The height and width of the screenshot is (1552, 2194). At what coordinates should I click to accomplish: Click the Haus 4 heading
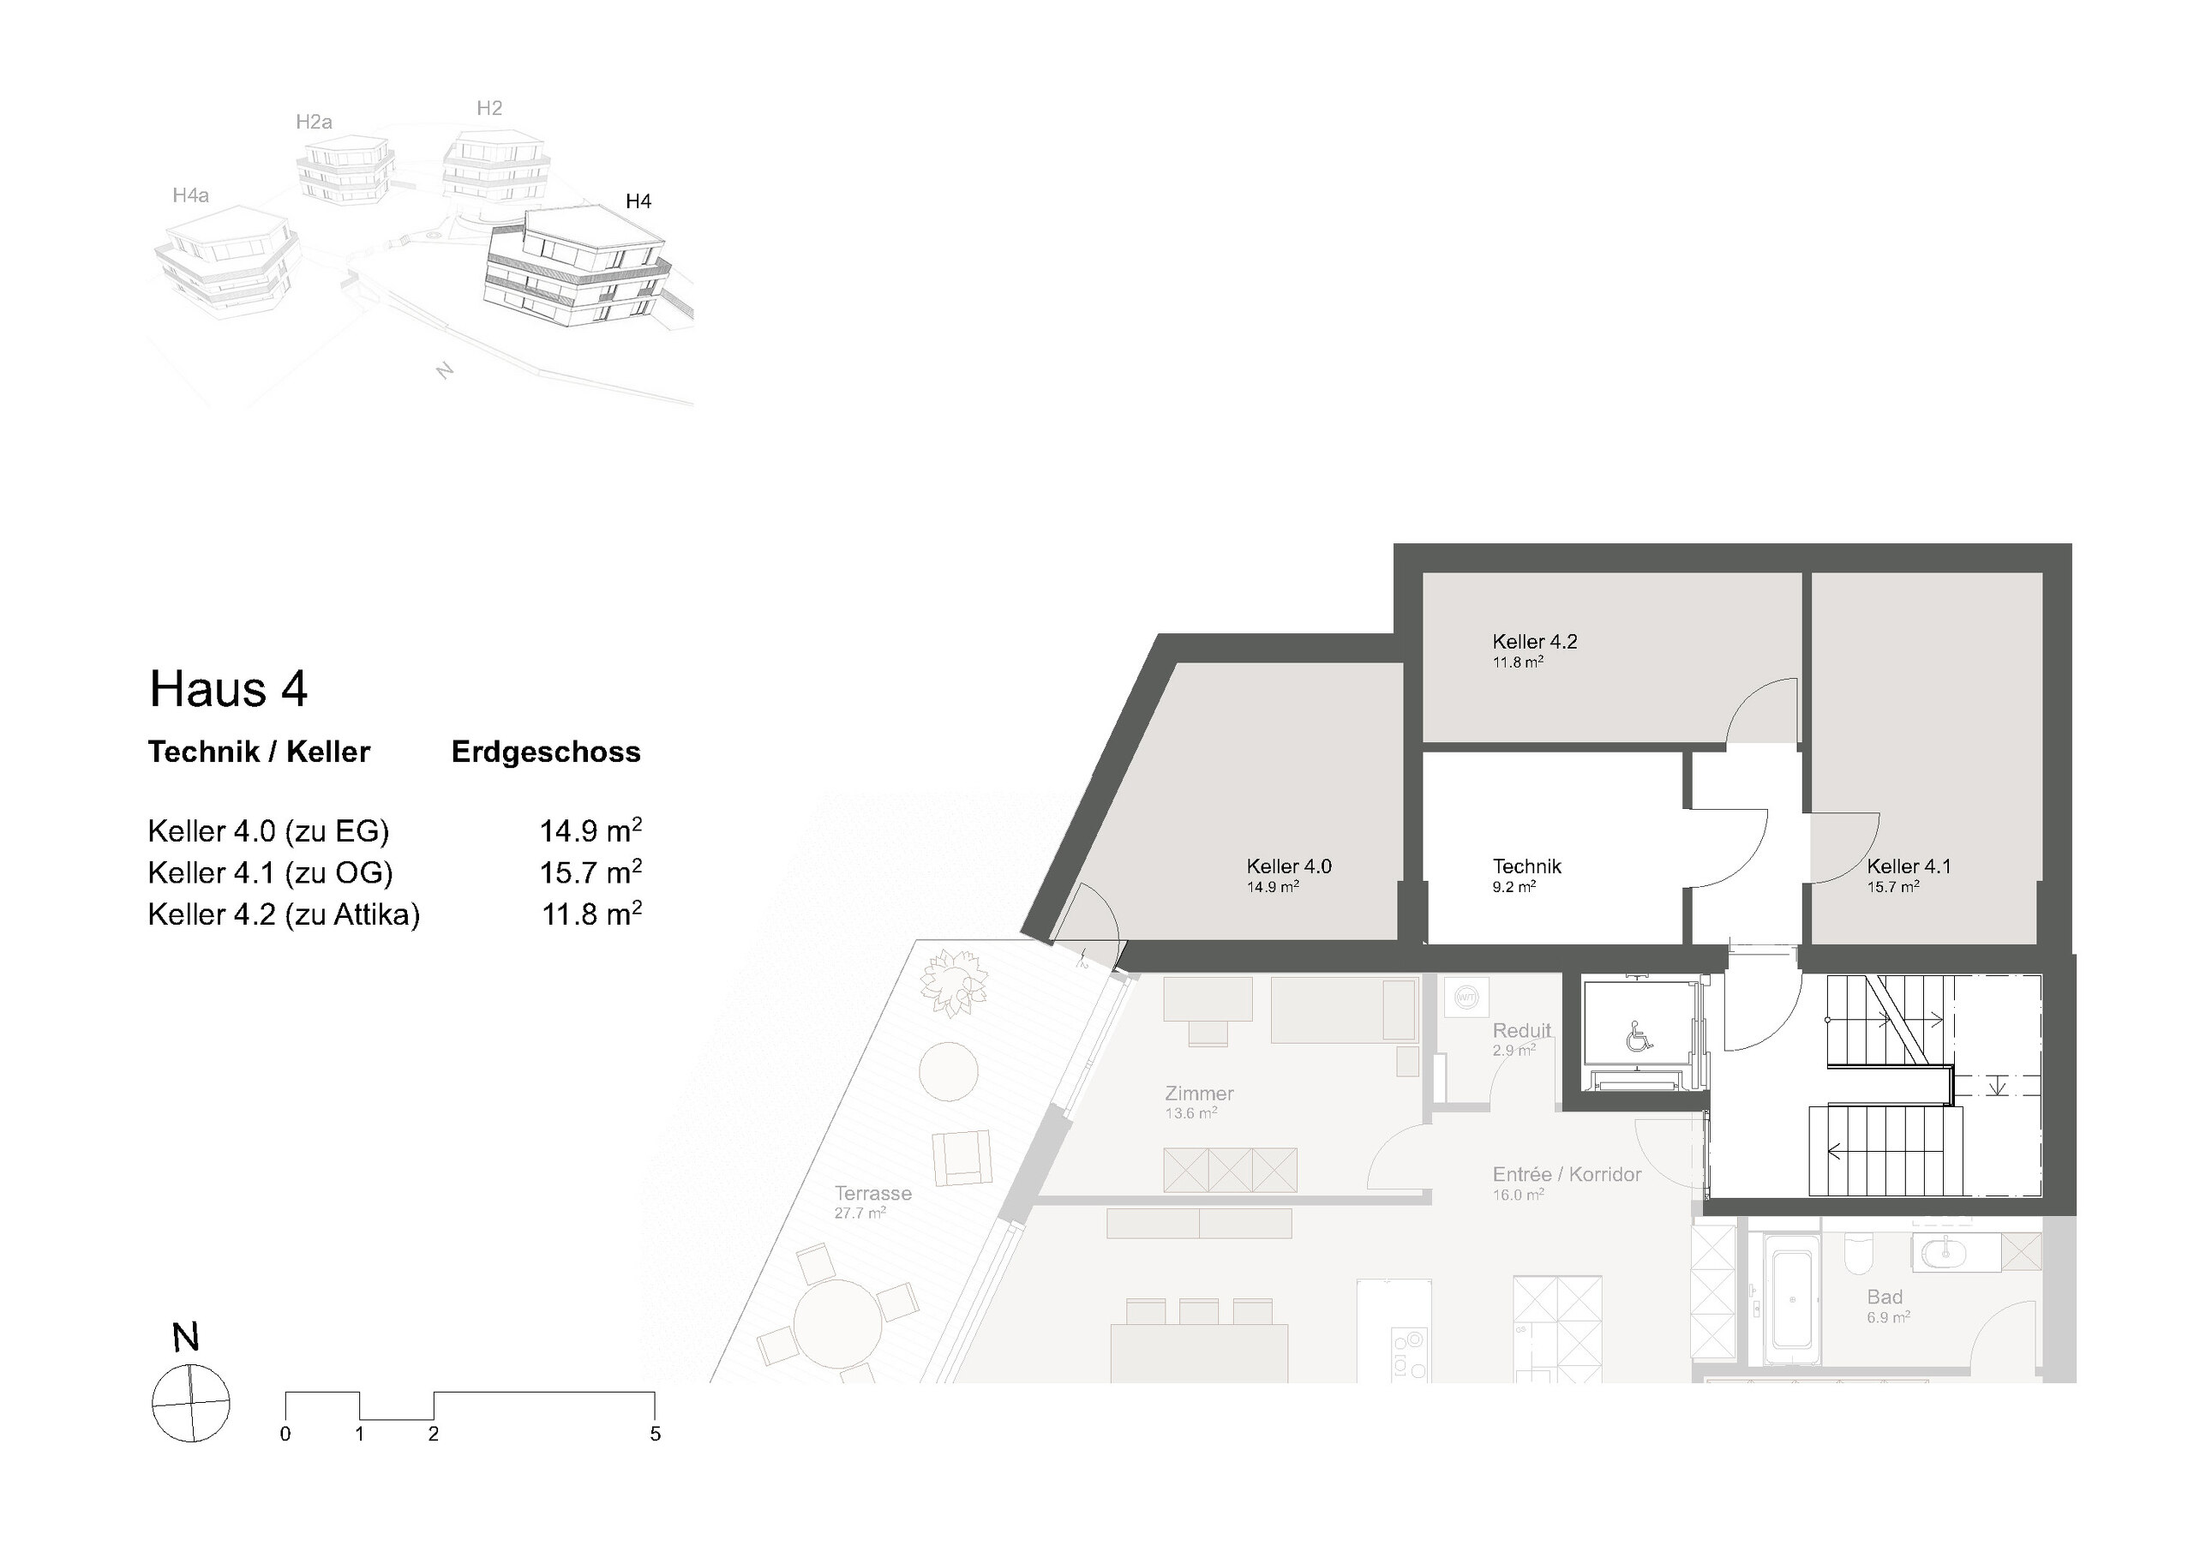228,689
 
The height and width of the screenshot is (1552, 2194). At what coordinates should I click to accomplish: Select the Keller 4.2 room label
1535,641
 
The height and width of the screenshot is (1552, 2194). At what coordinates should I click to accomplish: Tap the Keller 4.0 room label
1289,866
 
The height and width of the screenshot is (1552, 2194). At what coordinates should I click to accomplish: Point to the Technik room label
1527,866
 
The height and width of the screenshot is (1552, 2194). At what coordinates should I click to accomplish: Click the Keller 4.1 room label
1909,866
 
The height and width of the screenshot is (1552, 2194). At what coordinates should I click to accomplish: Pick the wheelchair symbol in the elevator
1637,1036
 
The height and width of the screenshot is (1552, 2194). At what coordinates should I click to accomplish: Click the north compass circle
191,1403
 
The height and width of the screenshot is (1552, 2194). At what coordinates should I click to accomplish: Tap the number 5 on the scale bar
656,1435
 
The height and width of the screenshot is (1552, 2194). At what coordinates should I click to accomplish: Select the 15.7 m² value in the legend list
590,872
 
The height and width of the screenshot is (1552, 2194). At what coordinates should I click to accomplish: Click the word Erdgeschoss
546,752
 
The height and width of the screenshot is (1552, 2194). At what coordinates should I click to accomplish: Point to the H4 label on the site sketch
638,201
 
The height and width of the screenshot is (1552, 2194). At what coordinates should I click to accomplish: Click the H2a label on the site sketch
314,122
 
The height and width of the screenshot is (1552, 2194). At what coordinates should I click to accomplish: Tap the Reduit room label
1522,1030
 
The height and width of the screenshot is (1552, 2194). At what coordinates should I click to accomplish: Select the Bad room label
1885,1297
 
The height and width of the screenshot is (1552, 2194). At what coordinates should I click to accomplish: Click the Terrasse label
873,1193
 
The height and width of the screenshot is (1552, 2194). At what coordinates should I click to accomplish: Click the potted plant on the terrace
954,982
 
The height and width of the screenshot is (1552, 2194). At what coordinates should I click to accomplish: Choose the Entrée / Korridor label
1568,1175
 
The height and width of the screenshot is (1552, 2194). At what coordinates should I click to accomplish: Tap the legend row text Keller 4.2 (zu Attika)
284,914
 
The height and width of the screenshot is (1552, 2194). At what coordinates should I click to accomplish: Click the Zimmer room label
1199,1094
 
